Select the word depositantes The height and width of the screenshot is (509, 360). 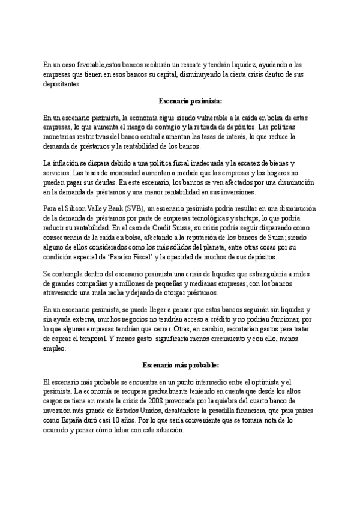click(62, 85)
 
